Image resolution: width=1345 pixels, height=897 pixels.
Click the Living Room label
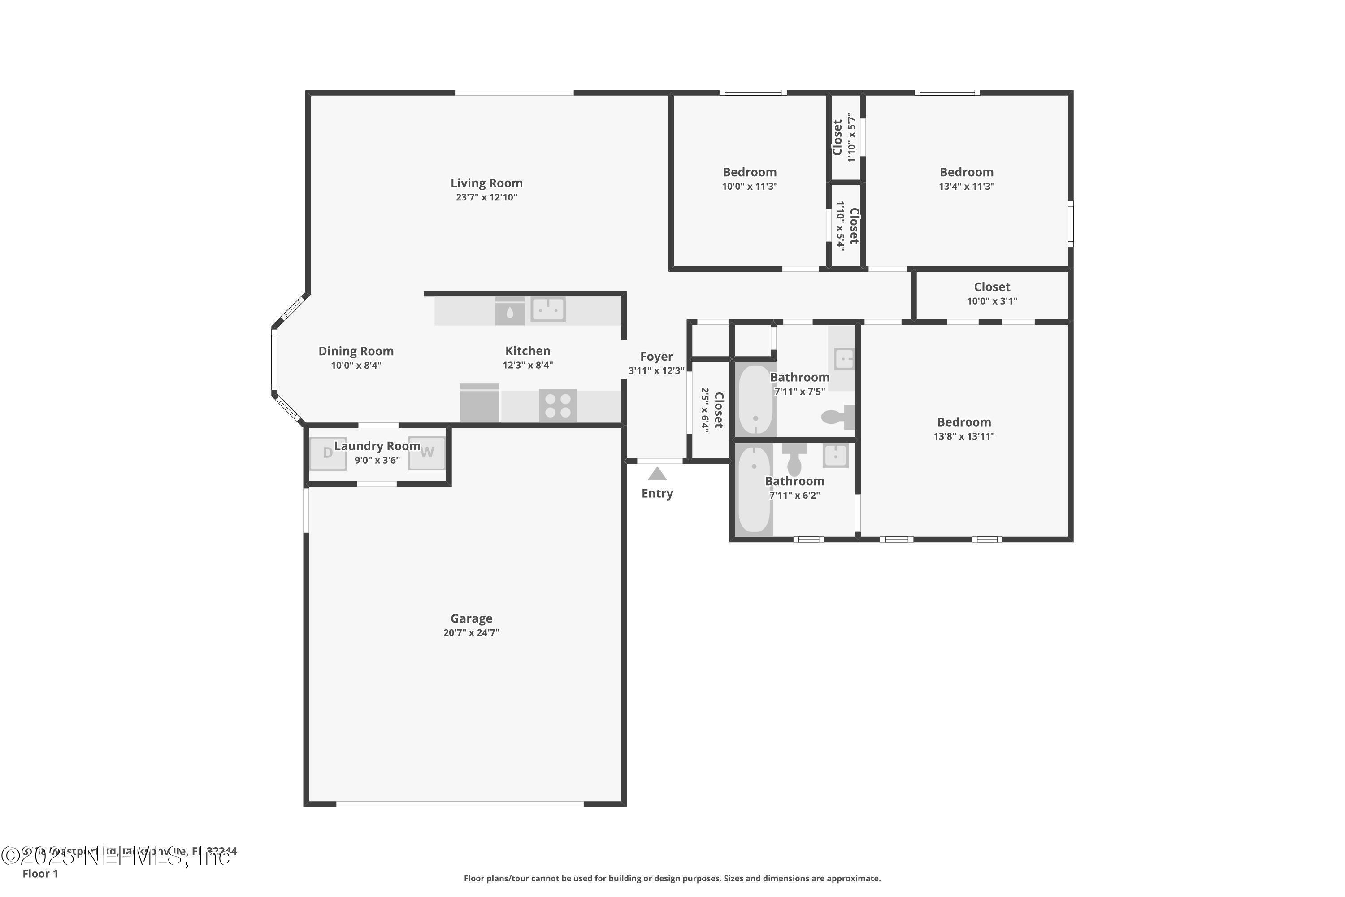pos(486,183)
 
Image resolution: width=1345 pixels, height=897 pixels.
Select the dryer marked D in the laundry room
pos(328,453)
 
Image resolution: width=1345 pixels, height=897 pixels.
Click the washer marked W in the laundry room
pos(427,453)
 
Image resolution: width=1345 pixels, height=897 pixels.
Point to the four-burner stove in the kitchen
pos(558,405)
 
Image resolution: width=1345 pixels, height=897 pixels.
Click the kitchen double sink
pos(548,309)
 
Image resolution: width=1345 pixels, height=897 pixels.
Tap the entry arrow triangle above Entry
pos(657,474)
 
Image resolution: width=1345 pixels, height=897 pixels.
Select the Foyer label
pos(656,357)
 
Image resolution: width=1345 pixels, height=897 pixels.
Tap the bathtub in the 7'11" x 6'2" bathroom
pos(754,489)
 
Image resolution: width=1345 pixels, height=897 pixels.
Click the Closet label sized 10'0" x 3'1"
pos(992,287)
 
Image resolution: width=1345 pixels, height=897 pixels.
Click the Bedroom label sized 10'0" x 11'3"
pos(749,172)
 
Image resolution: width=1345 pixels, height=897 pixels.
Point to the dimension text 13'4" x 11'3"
pos(967,187)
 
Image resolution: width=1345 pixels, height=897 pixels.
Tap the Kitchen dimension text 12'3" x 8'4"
pos(527,365)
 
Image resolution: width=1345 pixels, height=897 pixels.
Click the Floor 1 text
pos(40,874)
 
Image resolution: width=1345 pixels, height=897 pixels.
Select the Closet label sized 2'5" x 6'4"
pos(719,410)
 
